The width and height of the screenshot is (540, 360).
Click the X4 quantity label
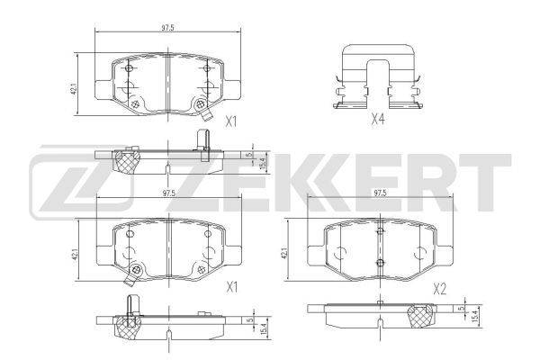click(378, 119)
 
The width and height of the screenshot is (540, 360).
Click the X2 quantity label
click(440, 289)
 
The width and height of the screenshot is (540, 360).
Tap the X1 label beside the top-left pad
click(231, 121)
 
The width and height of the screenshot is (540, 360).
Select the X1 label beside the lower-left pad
click(232, 287)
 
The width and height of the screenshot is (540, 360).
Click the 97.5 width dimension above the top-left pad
click(167, 28)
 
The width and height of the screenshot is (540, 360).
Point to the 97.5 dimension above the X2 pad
click(380, 193)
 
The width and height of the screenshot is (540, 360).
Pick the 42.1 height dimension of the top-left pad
click(75, 89)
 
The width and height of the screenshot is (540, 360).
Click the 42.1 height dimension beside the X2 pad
click(284, 254)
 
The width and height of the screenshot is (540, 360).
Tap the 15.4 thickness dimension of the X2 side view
click(476, 315)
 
